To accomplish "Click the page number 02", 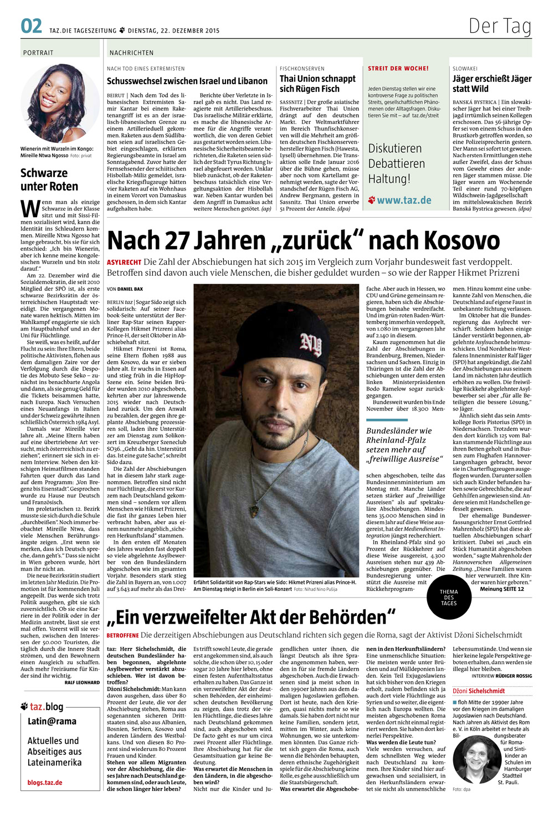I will coord(31,26).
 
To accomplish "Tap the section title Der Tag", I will coord(500,26).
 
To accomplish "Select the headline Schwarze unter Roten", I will coord(49,180).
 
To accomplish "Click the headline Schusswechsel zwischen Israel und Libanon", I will coord(187,81).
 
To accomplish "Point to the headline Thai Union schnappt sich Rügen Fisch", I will coord(318,84).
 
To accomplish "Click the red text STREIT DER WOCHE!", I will coord(398,69).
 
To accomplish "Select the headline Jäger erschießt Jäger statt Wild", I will coord(492,84).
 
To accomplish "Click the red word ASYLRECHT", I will coord(124,263).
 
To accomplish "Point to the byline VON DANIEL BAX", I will coord(125,289).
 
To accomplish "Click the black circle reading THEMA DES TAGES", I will coord(449,597).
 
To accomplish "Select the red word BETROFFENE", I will coord(122,635).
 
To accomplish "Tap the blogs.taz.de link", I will coord(45,783).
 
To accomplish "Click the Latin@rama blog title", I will coord(52,722).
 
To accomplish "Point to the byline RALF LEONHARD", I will coord(82,683).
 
